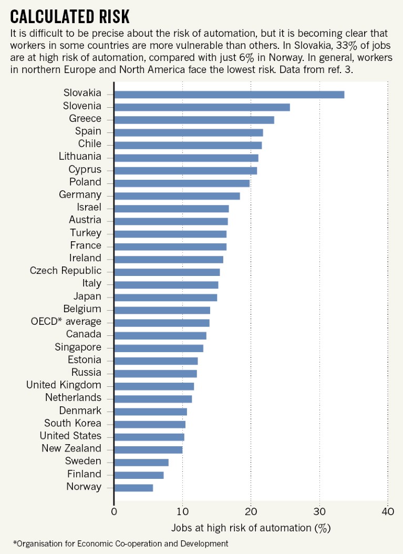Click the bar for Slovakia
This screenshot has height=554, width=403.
click(229, 95)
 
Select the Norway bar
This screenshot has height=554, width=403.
click(133, 488)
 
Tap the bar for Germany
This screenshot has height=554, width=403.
click(177, 196)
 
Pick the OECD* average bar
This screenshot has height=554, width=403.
click(162, 323)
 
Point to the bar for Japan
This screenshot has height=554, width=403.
click(166, 297)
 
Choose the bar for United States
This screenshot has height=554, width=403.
click(149, 437)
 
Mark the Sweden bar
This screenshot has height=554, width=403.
click(141, 463)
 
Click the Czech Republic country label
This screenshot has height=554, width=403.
click(66, 271)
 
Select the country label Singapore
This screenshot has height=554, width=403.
click(78, 347)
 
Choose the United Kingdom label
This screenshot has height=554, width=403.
click(64, 385)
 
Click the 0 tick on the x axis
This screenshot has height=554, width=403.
click(114, 511)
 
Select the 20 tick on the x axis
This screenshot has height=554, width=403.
click(251, 511)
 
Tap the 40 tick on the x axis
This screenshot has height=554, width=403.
click(387, 511)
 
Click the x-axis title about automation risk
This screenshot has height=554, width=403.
click(251, 527)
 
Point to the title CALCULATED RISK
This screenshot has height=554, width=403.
click(69, 16)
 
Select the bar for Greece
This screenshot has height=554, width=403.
click(194, 120)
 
